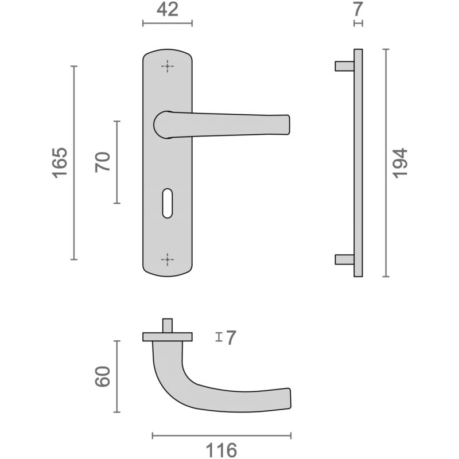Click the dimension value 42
pyautogui.click(x=167, y=9)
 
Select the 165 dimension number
pyautogui.click(x=60, y=162)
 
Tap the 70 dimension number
pyautogui.click(x=103, y=162)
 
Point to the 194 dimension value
pyautogui.click(x=400, y=162)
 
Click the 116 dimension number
pyautogui.click(x=221, y=450)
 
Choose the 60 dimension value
pyautogui.click(x=103, y=376)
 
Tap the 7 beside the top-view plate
pyautogui.click(x=231, y=338)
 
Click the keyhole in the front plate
pyautogui.click(x=167, y=203)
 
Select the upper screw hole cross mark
pyautogui.click(x=167, y=67)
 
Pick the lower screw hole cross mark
pyautogui.click(x=167, y=259)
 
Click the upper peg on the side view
pyautogui.click(x=344, y=66)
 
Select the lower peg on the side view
pyautogui.click(x=344, y=259)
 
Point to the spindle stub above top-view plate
pyautogui.click(x=167, y=325)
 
